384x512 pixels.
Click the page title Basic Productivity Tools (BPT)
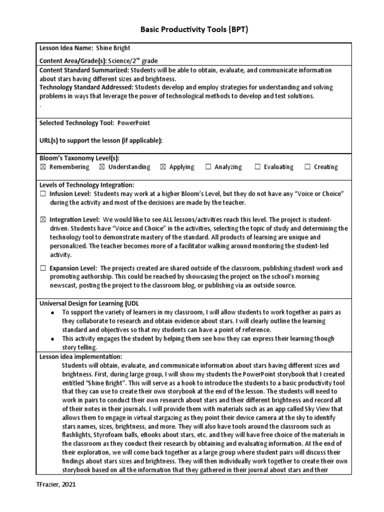(192, 30)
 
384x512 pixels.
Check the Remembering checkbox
(42, 167)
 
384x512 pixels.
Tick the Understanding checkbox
(102, 167)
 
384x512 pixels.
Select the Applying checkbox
(162, 167)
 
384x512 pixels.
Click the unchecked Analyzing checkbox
(208, 167)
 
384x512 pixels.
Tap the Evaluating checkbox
(257, 167)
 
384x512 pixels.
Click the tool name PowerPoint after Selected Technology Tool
(133, 123)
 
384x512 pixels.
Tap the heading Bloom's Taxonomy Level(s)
(79, 157)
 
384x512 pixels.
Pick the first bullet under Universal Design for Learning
(52, 312)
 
